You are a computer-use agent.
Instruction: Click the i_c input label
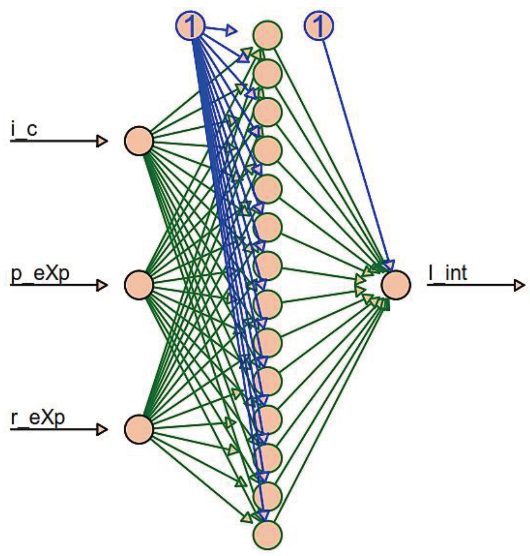[x=24, y=129]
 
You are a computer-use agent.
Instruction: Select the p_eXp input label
[x=40, y=273]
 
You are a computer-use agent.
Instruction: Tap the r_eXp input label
[x=38, y=418]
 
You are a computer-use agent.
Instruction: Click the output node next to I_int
[x=396, y=285]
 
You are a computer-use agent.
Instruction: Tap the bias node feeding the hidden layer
[x=190, y=26]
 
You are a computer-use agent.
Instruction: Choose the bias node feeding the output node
[x=319, y=26]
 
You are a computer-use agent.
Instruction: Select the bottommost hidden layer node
[x=268, y=535]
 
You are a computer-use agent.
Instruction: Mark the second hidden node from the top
[x=268, y=73]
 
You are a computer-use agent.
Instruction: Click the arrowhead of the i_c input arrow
[x=102, y=141]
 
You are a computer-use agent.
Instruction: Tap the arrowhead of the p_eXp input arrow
[x=102, y=285]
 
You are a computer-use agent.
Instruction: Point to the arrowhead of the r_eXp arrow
[x=102, y=429]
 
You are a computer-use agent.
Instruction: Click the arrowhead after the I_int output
[x=519, y=285]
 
